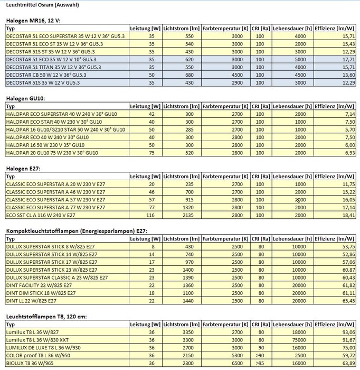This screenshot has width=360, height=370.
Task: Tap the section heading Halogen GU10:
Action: [x=25, y=98]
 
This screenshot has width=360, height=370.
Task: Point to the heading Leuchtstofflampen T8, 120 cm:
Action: [x=46, y=316]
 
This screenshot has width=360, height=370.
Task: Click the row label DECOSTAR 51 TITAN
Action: [x=45, y=67]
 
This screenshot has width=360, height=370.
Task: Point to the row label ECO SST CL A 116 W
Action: [x=41, y=215]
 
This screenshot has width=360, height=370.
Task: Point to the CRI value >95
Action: [x=259, y=363]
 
